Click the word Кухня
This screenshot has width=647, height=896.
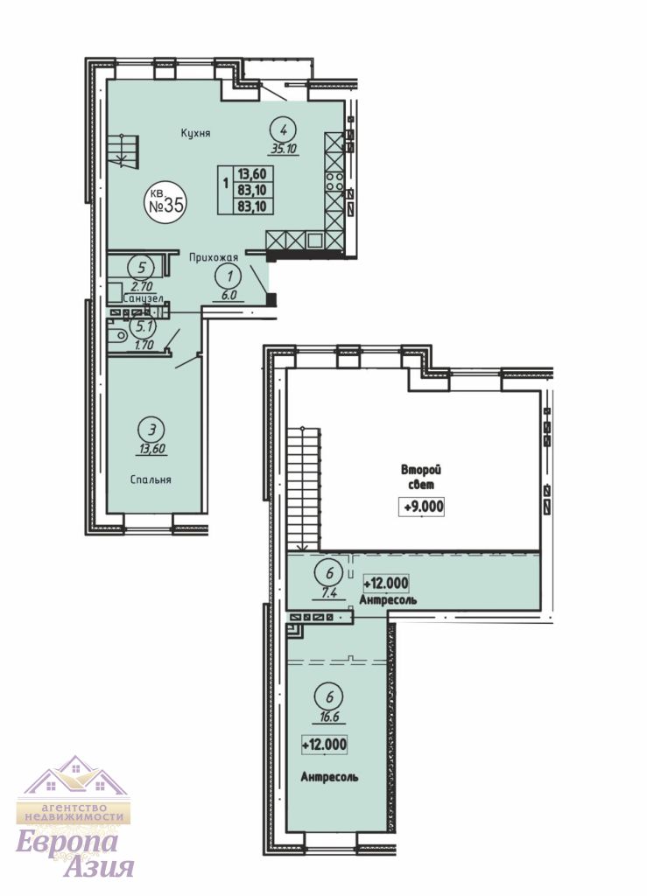tap(196, 133)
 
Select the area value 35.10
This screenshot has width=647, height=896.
tap(283, 150)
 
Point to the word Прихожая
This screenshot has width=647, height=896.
tap(214, 258)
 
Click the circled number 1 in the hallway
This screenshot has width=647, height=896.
tap(229, 276)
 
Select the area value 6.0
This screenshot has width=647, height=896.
tap(229, 296)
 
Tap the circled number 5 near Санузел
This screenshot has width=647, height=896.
tap(141, 267)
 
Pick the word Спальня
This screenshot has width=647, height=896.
tap(151, 479)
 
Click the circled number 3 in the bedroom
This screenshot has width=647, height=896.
tap(151, 429)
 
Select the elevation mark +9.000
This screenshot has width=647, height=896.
tap(422, 507)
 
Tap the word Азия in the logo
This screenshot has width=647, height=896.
tap(100, 867)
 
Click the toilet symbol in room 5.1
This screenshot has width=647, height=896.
tap(117, 335)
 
